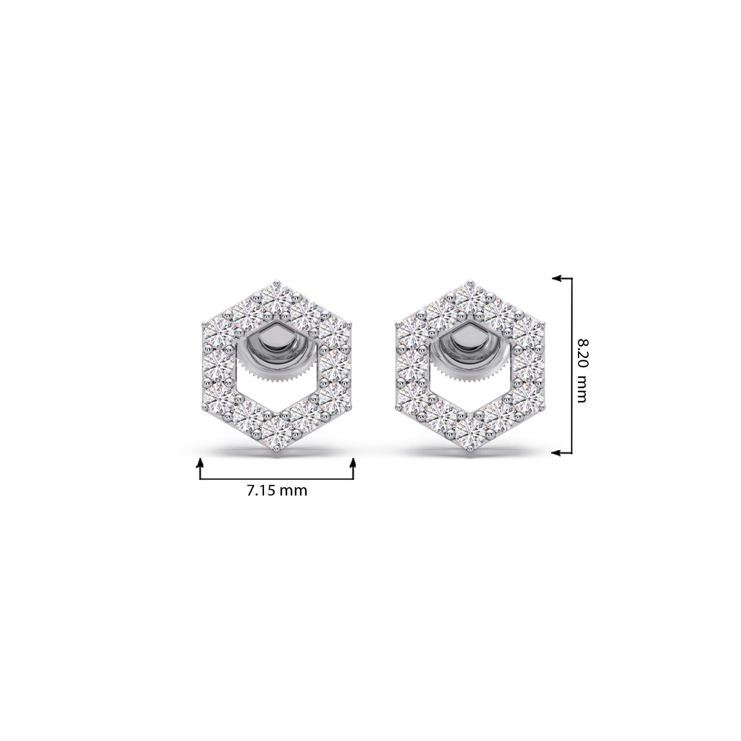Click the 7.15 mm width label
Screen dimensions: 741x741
(x=277, y=491)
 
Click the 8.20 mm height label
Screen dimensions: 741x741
(x=582, y=371)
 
